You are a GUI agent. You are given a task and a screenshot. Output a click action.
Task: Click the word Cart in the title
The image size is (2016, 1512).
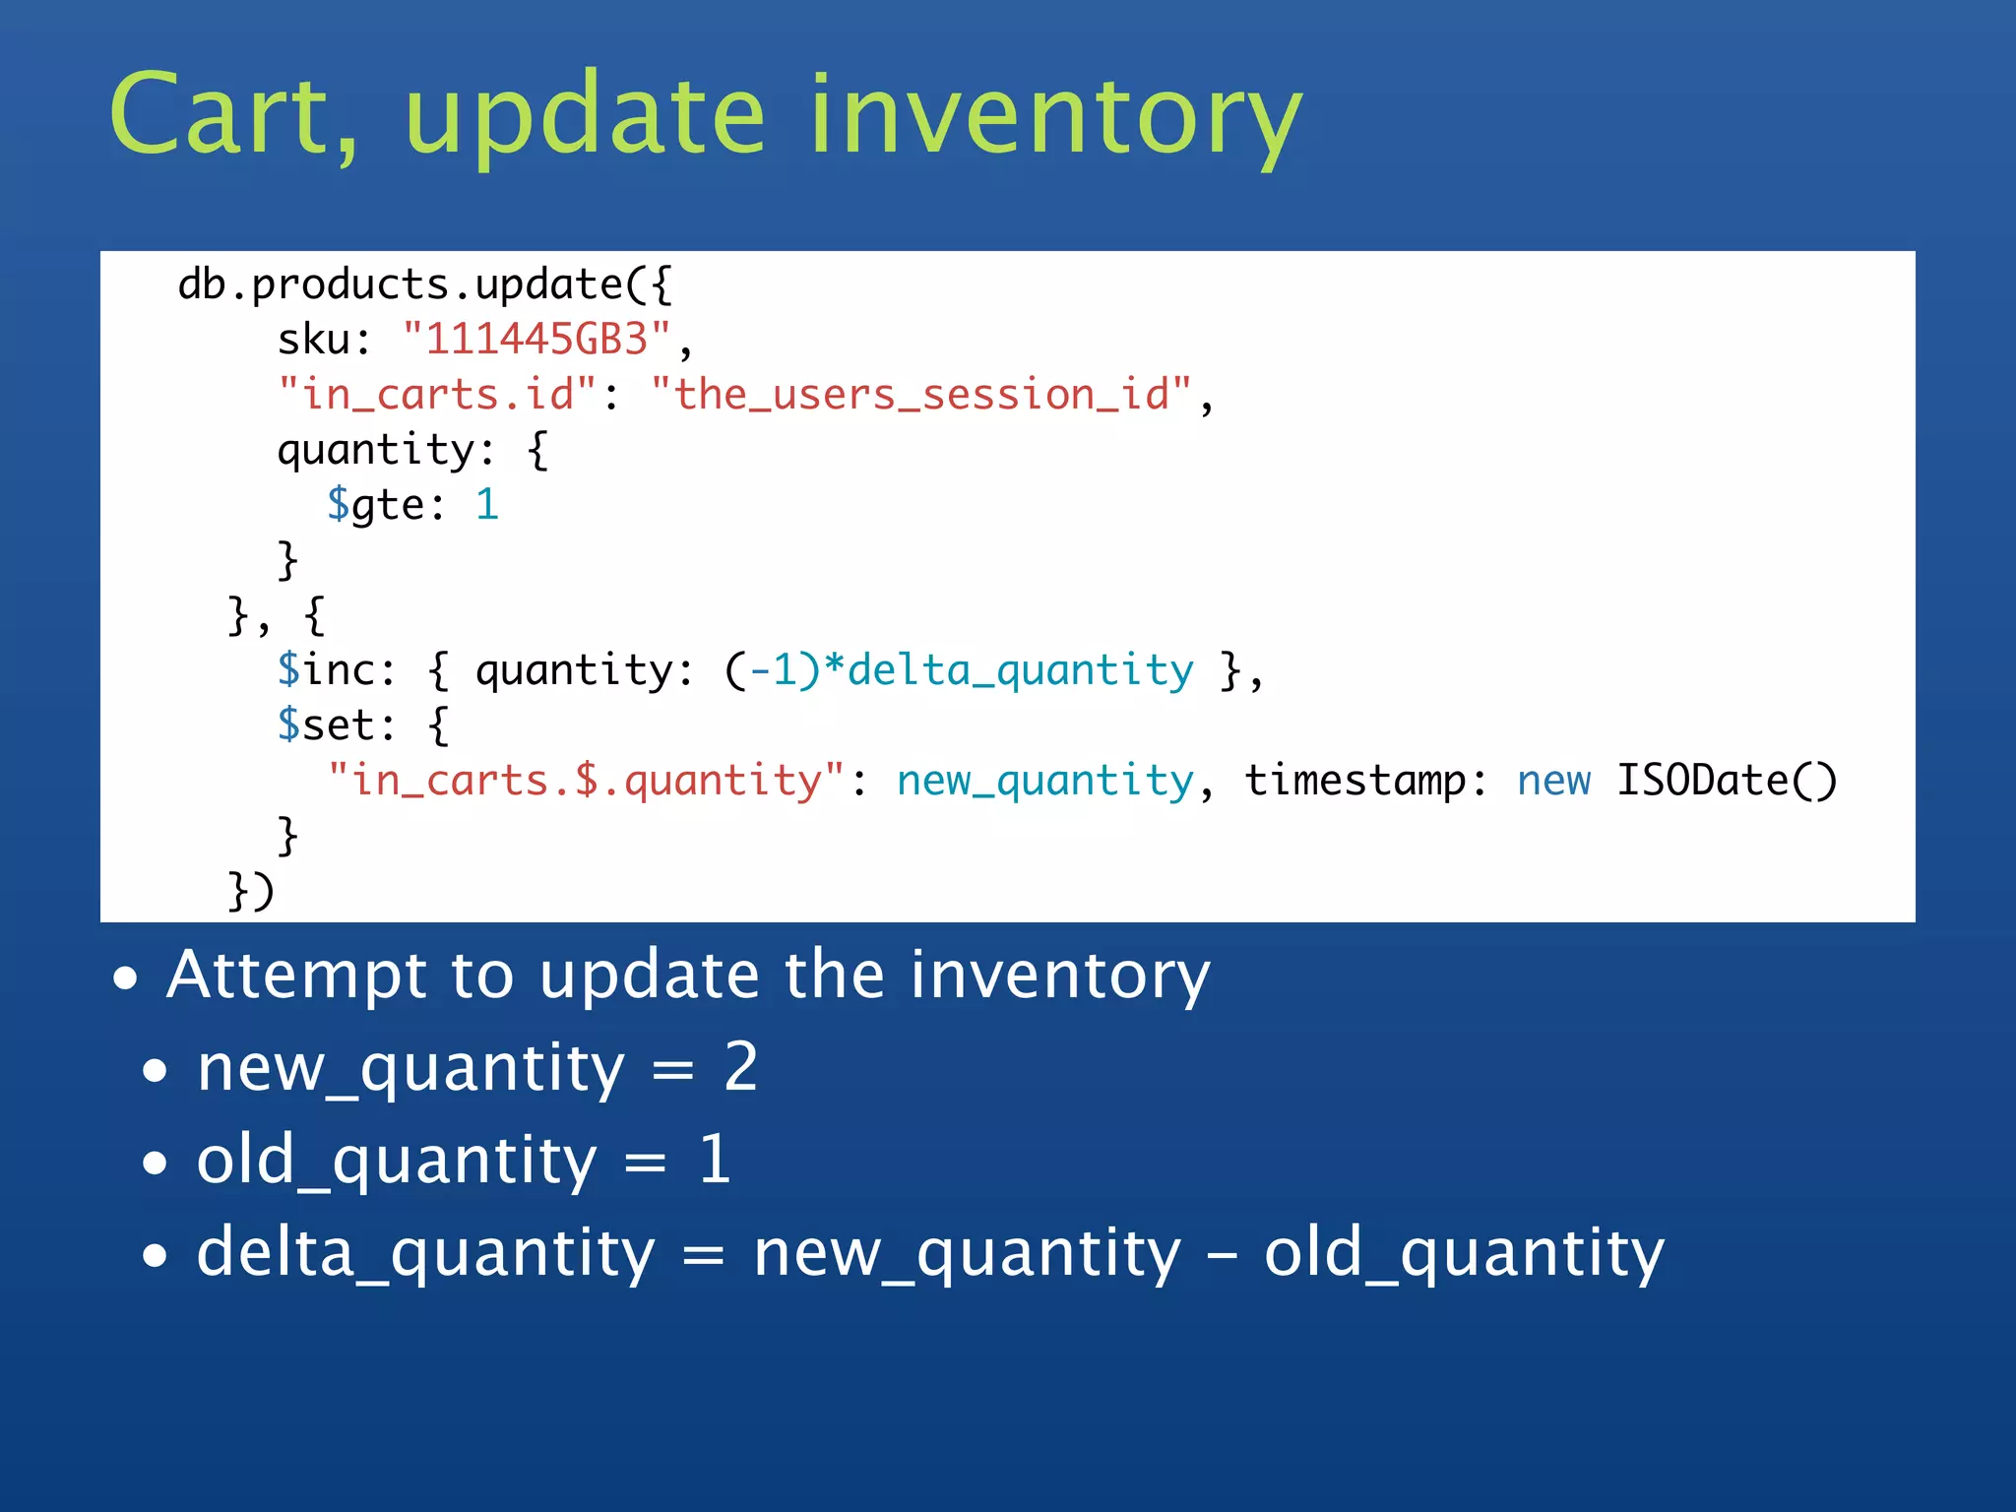click(231, 115)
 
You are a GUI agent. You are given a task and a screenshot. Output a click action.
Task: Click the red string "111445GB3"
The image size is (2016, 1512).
click(536, 340)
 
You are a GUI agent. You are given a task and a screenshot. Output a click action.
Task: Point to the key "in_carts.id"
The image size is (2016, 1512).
click(437, 395)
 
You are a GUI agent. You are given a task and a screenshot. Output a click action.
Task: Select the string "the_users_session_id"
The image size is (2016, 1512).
click(920, 395)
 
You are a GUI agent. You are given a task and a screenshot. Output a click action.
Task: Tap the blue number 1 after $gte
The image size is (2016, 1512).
click(487, 505)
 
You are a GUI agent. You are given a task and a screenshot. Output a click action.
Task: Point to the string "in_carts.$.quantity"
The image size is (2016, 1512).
click(586, 781)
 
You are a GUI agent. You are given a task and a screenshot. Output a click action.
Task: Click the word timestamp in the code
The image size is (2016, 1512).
click(1354, 781)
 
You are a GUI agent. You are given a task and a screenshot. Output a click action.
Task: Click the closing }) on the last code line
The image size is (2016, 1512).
click(250, 890)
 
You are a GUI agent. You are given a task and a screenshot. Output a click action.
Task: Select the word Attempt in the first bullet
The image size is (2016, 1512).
click(295, 976)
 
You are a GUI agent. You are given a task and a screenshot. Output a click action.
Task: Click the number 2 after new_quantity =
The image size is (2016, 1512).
click(740, 1067)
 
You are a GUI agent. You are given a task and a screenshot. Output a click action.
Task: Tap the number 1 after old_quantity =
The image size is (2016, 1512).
click(715, 1160)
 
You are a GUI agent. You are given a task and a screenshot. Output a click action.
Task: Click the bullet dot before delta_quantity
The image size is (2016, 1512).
click(155, 1256)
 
